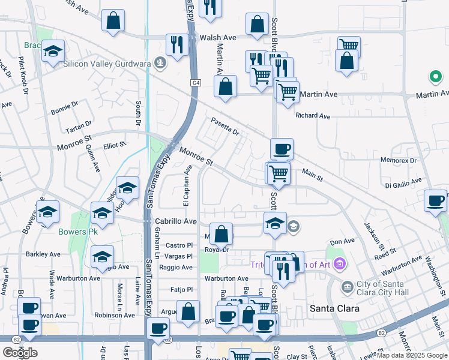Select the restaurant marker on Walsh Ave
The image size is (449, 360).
(x=177, y=46)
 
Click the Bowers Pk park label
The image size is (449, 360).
(x=77, y=231)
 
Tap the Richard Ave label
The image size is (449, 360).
(x=313, y=116)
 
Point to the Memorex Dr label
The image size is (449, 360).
(x=399, y=160)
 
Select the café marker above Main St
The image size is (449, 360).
(x=281, y=150)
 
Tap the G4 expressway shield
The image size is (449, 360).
(x=196, y=83)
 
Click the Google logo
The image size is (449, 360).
(x=19, y=353)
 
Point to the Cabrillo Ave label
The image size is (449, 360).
(x=176, y=221)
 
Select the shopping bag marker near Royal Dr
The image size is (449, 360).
(x=221, y=235)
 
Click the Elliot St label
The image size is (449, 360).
(x=115, y=145)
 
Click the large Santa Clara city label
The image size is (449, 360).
(x=334, y=308)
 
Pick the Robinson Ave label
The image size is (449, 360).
(x=114, y=315)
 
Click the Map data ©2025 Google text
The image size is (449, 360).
(x=412, y=355)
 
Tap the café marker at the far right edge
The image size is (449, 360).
(x=435, y=201)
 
